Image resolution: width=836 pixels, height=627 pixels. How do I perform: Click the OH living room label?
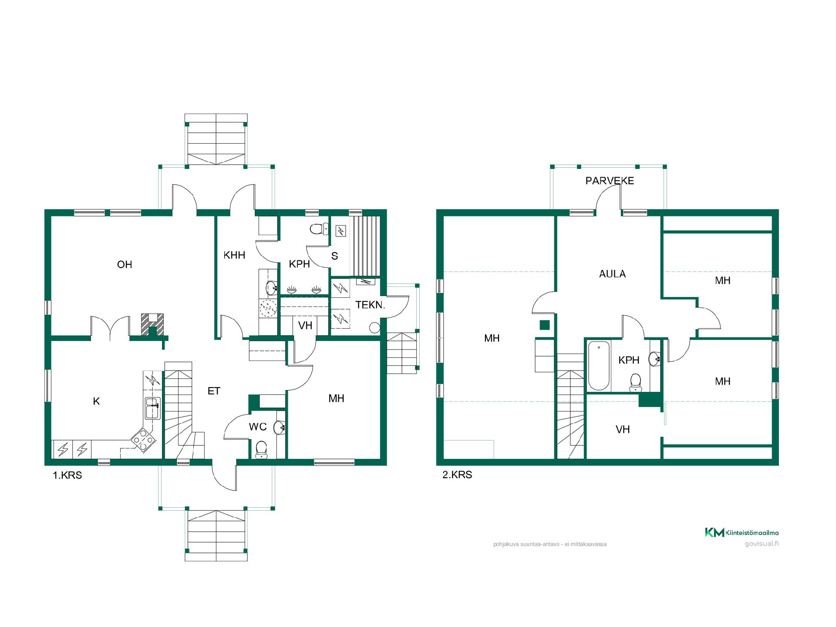[125, 264]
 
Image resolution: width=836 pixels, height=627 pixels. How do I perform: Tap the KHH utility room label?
[234, 255]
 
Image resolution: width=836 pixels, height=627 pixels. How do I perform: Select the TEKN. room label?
[370, 305]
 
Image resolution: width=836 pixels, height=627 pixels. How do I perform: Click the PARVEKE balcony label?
[610, 181]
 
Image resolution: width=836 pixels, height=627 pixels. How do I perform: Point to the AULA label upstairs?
[612, 274]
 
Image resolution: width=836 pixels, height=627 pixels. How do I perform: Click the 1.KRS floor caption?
[67, 475]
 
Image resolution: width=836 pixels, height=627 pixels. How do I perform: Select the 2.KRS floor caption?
[457, 475]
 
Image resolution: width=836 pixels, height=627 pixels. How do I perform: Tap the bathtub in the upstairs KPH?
[599, 366]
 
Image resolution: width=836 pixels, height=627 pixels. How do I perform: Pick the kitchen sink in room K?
[152, 408]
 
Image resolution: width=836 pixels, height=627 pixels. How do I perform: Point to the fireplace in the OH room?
[152, 325]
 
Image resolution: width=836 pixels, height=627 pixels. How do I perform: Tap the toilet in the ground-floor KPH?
[320, 229]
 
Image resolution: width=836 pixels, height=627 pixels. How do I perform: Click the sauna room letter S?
[334, 256]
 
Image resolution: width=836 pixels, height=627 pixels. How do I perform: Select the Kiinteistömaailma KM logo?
[742, 532]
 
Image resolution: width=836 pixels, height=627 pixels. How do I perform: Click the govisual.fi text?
[762, 543]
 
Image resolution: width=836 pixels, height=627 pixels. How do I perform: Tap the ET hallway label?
[214, 391]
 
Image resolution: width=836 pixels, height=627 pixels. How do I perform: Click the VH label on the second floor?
[623, 430]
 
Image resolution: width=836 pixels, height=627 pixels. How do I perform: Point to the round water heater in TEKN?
[374, 327]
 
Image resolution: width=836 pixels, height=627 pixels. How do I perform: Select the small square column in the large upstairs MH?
[544, 325]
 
